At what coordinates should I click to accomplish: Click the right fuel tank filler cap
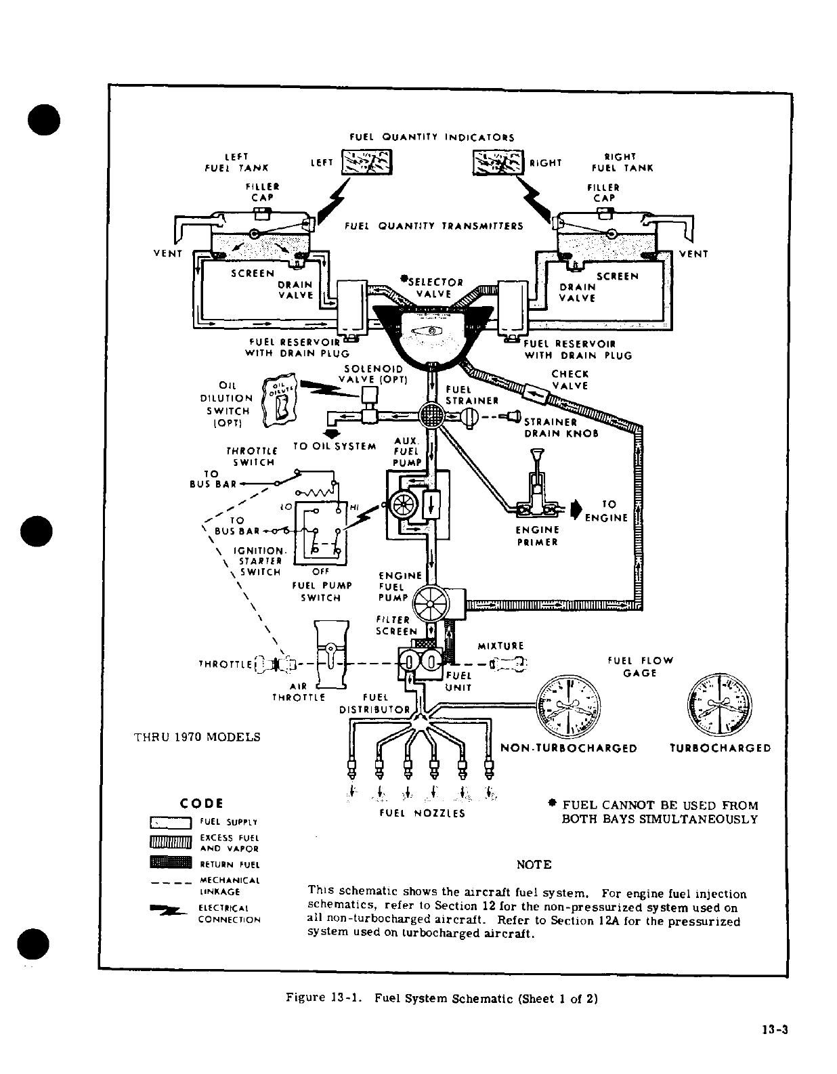tap(604, 213)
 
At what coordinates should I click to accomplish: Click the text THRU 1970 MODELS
tap(197, 737)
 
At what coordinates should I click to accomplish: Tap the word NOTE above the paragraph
tap(534, 865)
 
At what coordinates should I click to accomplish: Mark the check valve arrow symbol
tap(536, 393)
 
